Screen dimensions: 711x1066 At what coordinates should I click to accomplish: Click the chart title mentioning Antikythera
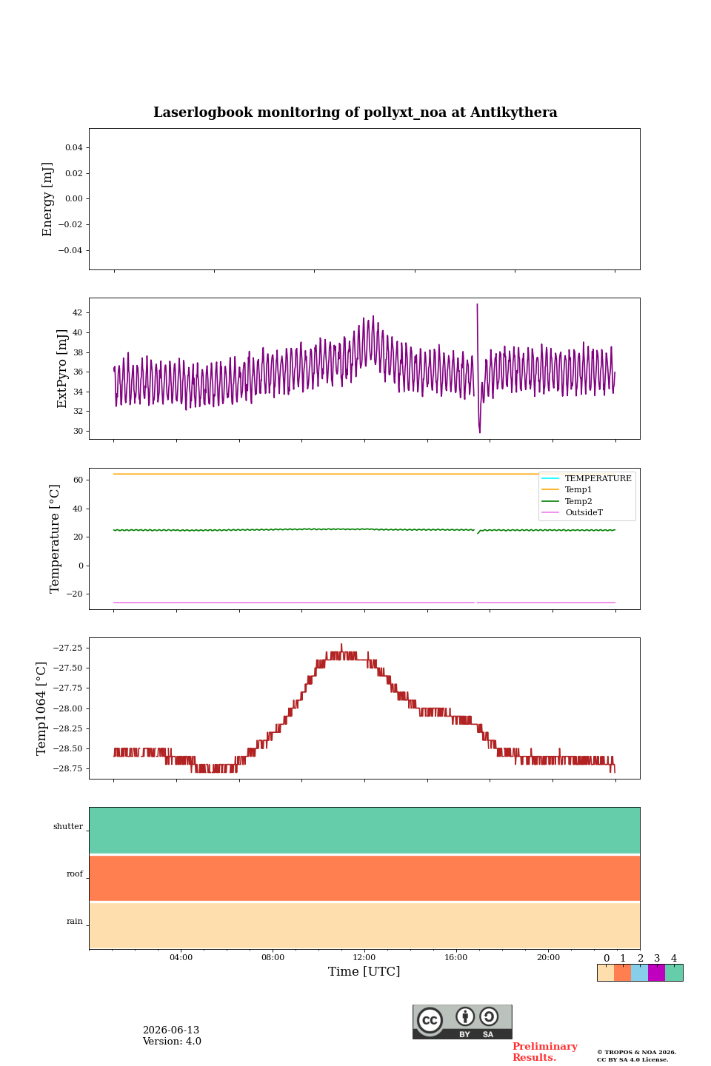click(x=355, y=113)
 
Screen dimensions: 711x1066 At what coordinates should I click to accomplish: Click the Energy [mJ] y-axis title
click(x=47, y=199)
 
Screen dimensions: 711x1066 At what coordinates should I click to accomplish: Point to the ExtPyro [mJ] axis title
click(x=62, y=369)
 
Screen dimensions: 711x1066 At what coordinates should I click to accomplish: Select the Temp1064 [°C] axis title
click(x=41, y=708)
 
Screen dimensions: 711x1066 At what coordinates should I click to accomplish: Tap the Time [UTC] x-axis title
click(x=364, y=971)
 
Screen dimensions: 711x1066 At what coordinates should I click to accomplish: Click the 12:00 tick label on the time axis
click(x=364, y=957)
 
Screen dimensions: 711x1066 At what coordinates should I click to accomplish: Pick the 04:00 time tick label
click(x=181, y=957)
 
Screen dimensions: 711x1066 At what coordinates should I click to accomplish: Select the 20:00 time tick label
click(x=548, y=957)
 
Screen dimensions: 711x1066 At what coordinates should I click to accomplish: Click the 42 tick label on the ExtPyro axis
click(x=77, y=312)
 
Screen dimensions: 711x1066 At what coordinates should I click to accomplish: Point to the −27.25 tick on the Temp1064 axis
click(x=67, y=648)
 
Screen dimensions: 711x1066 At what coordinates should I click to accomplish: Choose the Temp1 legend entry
click(x=578, y=490)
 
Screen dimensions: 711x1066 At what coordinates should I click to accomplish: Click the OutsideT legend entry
click(x=584, y=512)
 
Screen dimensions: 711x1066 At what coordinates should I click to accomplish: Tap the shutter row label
click(x=68, y=826)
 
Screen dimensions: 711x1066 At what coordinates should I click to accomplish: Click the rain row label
click(x=74, y=921)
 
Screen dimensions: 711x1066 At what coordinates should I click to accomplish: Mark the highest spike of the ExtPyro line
click(x=477, y=304)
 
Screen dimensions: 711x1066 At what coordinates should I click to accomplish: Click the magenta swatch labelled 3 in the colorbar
click(x=657, y=973)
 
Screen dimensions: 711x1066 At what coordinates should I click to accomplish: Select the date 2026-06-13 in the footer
click(x=171, y=1030)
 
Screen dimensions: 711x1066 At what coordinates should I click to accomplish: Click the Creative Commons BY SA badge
click(x=462, y=1022)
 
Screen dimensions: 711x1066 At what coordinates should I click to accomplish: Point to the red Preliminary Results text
click(x=545, y=1052)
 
